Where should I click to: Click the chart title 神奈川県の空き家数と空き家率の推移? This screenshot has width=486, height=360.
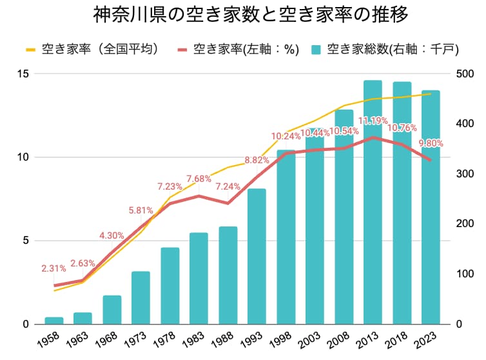(x=242, y=14)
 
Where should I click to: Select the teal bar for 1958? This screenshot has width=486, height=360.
(x=54, y=321)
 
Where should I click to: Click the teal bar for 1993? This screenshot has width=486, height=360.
(x=257, y=256)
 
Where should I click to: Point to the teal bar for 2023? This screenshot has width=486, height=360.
(x=431, y=207)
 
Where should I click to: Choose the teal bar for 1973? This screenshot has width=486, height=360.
(x=141, y=297)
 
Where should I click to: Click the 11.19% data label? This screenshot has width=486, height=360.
(x=373, y=121)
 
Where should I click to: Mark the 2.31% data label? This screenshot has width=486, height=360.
(x=54, y=268)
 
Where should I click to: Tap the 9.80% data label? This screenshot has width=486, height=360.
(x=431, y=143)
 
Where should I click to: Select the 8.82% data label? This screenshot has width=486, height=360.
(x=257, y=160)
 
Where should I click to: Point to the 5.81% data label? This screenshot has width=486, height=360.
(x=141, y=210)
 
